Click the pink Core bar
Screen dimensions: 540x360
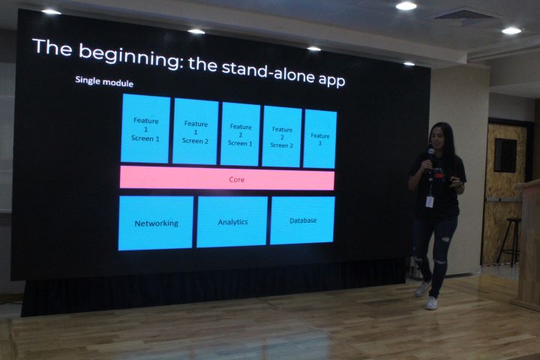[227, 178]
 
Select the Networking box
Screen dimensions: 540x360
[156, 223]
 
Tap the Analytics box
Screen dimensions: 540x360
[232, 221]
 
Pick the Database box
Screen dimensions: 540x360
[302, 220]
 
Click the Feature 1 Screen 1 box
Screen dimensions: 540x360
[145, 128]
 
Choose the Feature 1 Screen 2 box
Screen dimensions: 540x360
[195, 131]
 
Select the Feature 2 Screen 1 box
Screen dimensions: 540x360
[240, 134]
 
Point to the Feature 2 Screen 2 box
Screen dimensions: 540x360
[282, 136]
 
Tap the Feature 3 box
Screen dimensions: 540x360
[319, 139]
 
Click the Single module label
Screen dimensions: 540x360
[104, 82]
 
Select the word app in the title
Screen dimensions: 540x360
[331, 79]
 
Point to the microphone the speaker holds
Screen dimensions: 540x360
[430, 154]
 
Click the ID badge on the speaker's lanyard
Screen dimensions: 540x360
[430, 202]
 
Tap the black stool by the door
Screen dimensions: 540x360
[509, 241]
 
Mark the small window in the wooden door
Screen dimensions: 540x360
[505, 155]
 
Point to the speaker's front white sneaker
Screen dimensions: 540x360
[431, 303]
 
